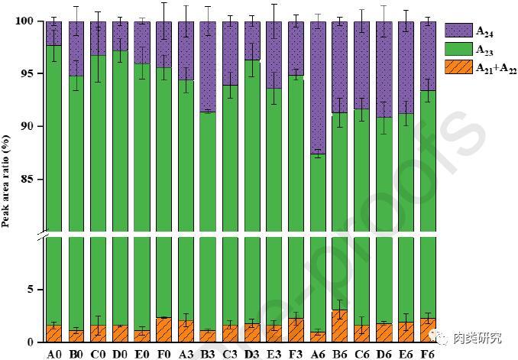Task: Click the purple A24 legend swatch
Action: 458,30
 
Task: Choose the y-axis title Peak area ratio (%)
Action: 7,180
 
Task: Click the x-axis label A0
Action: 53,353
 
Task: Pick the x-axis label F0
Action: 163,353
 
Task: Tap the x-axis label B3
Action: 208,353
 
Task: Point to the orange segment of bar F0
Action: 163,329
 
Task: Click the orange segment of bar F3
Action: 296,330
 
